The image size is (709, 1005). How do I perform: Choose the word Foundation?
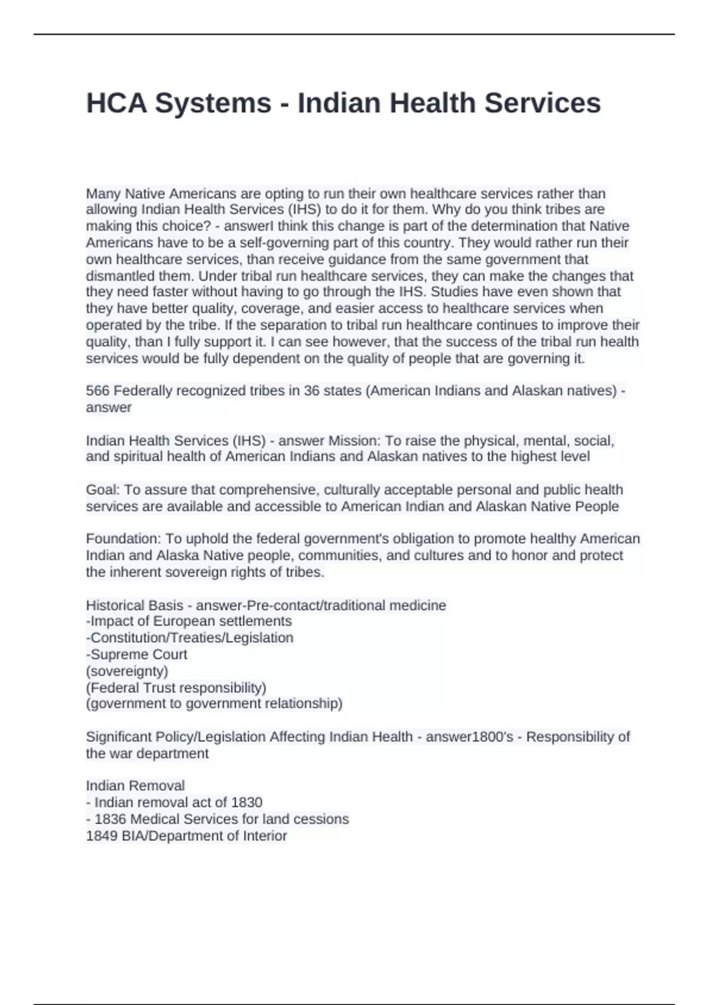[x=123, y=539]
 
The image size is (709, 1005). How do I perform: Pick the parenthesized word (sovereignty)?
[x=127, y=671]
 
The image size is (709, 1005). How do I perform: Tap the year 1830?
[x=247, y=802]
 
